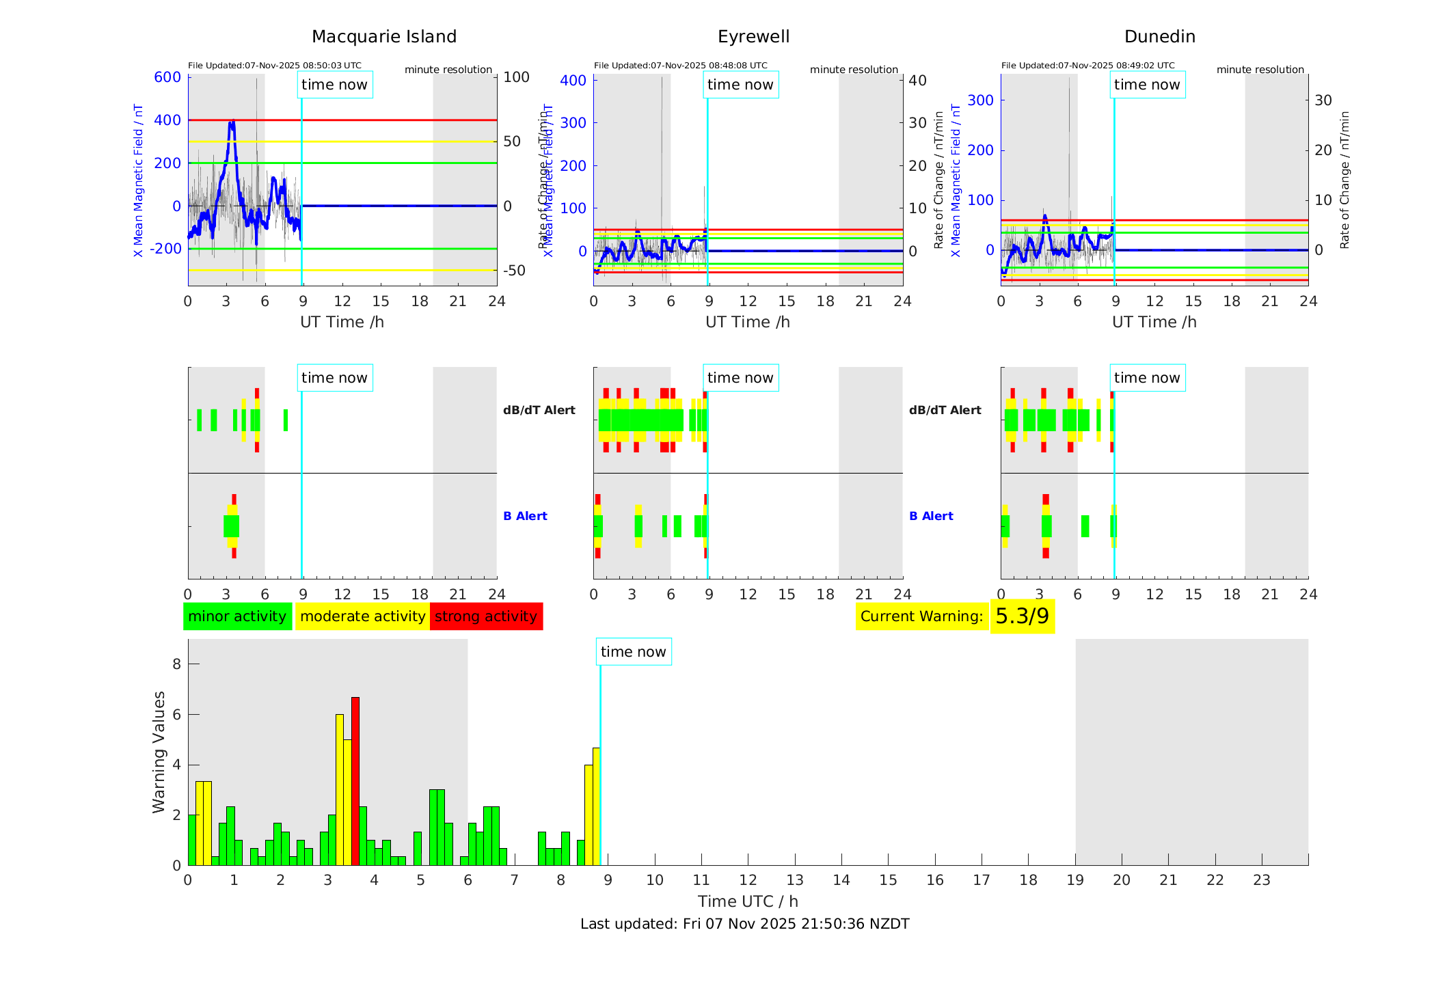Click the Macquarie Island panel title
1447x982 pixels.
point(384,37)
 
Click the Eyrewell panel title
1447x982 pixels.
point(753,37)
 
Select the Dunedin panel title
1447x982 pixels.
point(1159,37)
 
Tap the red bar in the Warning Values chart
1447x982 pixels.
point(355,780)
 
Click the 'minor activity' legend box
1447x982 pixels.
point(237,616)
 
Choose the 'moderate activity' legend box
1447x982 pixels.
point(362,616)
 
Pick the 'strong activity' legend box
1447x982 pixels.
point(486,616)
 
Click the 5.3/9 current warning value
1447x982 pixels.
point(1022,616)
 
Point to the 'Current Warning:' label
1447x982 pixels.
point(921,616)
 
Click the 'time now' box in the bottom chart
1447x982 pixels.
point(634,652)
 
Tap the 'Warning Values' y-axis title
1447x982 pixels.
point(159,752)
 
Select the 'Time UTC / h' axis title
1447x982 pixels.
point(748,901)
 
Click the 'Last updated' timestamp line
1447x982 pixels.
point(744,924)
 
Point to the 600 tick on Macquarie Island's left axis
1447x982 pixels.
point(167,77)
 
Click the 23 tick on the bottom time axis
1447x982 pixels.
point(1261,880)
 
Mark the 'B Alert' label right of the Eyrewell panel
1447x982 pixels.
point(931,516)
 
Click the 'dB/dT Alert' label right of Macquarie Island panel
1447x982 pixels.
point(539,410)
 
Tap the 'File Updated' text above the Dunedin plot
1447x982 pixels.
point(1087,66)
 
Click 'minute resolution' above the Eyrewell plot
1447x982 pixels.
point(854,70)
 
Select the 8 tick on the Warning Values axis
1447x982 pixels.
point(177,664)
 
